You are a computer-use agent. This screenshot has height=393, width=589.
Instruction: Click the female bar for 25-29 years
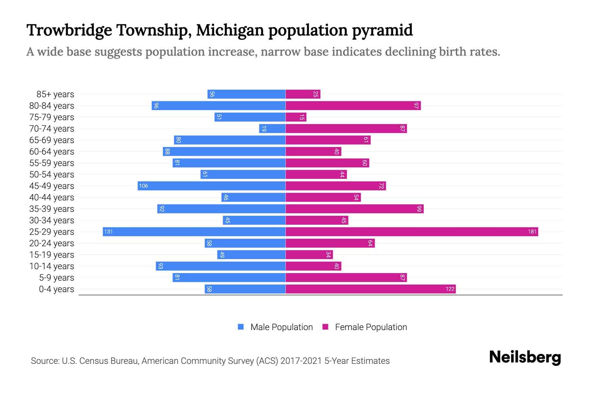coord(412,232)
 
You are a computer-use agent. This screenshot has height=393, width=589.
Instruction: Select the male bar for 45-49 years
coord(212,186)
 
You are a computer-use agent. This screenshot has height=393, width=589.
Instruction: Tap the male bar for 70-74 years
coord(272,129)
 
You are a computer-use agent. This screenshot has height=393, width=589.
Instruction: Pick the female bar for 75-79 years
coord(296,117)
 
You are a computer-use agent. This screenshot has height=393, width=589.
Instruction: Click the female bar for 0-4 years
coord(370,289)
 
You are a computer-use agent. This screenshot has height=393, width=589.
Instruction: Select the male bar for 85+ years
coord(246,94)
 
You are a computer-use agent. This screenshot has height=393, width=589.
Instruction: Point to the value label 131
coord(108,232)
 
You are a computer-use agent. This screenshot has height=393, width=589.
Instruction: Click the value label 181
coord(532,232)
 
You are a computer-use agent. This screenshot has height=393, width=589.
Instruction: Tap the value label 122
coord(450,289)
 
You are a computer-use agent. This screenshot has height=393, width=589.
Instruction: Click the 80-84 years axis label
coord(52,106)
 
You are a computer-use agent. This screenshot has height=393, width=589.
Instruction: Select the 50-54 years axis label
coord(52,175)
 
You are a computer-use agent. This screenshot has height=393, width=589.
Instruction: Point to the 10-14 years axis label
coord(52,266)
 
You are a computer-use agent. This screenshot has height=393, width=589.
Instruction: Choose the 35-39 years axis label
coord(52,209)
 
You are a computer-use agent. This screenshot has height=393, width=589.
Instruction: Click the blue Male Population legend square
coord(241,327)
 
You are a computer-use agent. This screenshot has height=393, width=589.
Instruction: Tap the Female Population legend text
coord(371,327)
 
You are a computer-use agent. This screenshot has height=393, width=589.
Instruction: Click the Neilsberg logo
coord(525,357)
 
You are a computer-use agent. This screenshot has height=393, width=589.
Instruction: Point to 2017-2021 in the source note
coord(301,361)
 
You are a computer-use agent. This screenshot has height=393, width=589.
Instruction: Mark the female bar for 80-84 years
coord(353,106)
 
